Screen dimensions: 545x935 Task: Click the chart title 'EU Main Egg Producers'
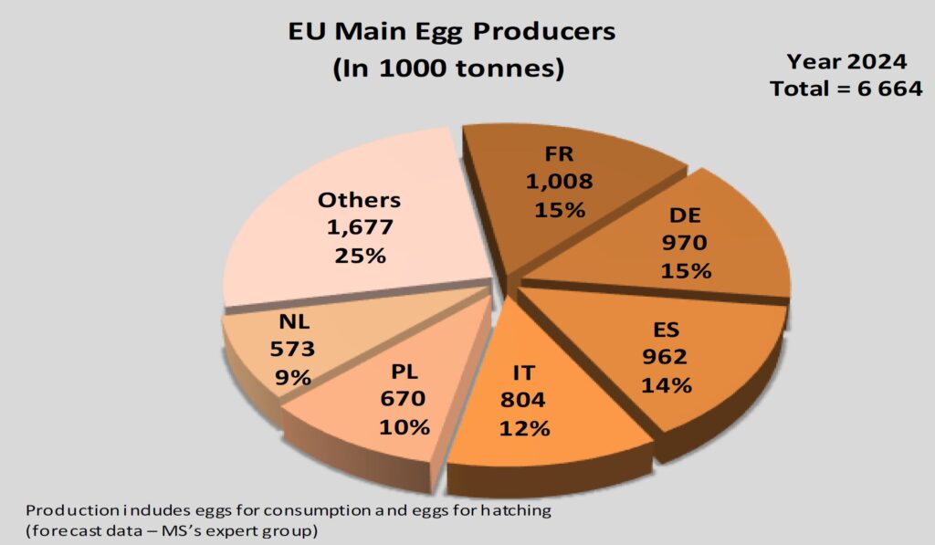451,32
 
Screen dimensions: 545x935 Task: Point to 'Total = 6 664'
846,89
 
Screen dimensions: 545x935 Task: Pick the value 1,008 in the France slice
559,181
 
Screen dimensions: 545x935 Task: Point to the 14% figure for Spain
666,384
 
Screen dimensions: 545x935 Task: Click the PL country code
404,373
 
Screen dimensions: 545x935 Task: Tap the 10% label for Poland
404,425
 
